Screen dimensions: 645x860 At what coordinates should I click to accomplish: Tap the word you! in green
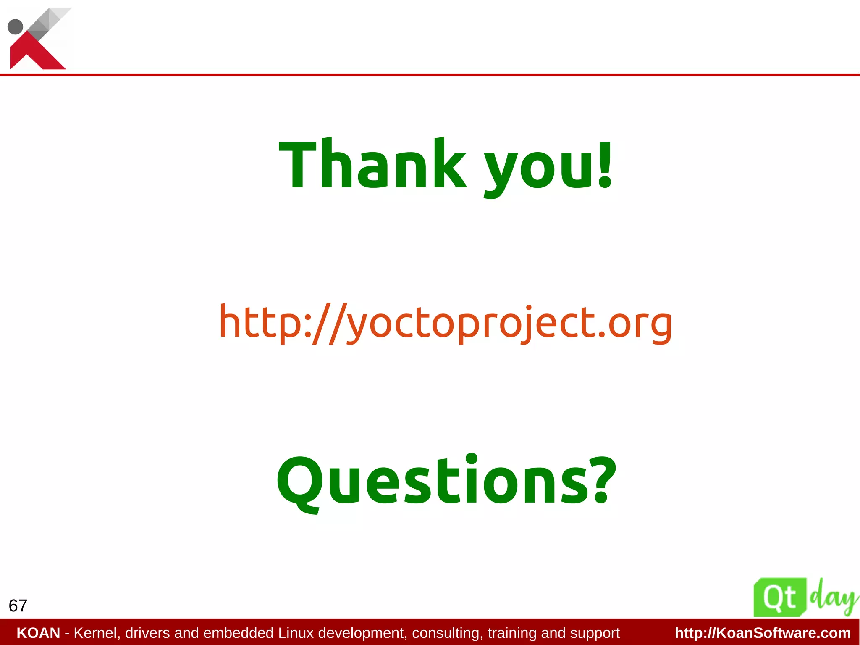point(542,168)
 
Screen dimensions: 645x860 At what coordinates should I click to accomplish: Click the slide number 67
point(18,606)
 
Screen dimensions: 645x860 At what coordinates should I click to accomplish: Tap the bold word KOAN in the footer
point(38,633)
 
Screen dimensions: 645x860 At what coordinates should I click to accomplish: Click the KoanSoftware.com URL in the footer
point(763,633)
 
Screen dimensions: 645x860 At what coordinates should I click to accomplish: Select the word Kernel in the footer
point(97,633)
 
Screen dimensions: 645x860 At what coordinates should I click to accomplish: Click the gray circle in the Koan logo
point(16,26)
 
